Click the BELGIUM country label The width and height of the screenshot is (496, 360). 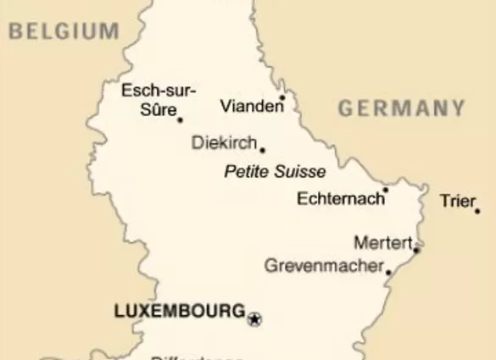64,31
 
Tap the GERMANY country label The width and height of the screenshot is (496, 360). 402,108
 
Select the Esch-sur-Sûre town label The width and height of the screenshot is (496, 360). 158,100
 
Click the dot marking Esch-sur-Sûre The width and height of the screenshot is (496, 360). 180,120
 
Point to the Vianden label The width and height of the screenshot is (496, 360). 251,106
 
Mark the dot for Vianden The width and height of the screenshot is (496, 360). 282,97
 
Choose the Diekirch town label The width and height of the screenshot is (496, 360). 224,143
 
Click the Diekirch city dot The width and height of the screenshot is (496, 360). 262,150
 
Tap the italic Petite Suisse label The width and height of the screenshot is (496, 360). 275,172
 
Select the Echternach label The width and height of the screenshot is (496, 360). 337,199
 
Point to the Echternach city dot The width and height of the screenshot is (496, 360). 385,191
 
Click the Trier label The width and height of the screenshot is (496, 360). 457,201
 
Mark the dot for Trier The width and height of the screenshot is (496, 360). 477,211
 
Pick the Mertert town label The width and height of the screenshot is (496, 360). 382,243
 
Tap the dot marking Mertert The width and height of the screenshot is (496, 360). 416,249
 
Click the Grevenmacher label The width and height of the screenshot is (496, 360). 323,266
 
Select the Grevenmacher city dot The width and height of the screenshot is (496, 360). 388,272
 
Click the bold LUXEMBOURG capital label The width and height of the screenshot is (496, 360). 179,312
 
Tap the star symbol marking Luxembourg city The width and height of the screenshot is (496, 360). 254,319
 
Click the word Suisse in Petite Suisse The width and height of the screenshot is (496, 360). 299,172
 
